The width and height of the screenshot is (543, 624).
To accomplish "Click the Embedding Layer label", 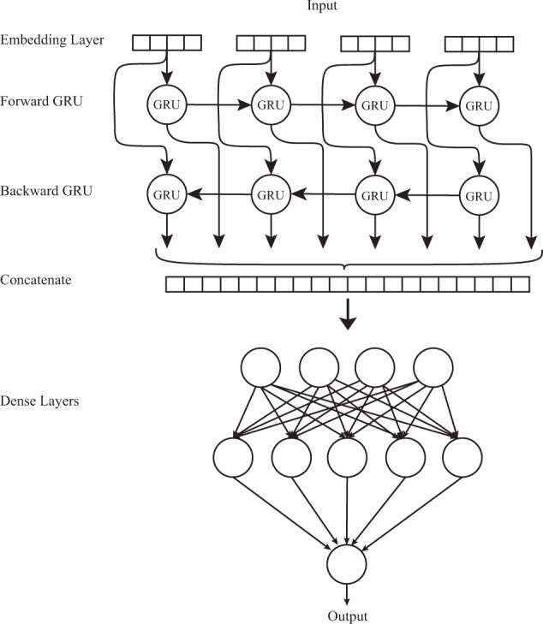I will pos(51,40).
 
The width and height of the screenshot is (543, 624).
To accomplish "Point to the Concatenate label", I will pos(36,281).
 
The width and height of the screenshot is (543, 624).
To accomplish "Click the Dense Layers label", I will pos(39,400).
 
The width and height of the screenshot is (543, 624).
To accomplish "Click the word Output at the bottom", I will pos(347,615).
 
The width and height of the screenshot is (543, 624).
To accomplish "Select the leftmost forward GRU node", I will pos(165,106).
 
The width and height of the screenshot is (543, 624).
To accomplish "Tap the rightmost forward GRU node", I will pos(478,106).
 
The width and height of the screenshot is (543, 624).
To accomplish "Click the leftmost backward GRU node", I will pos(165,194).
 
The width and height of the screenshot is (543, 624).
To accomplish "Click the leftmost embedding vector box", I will pos(166,42).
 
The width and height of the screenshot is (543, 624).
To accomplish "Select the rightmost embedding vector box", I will pos(479,42).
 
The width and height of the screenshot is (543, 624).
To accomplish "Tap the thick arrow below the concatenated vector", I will pos(347,318).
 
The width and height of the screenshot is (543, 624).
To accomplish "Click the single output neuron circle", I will pos(347,564).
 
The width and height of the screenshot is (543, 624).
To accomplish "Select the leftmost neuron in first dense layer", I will pos(262,367).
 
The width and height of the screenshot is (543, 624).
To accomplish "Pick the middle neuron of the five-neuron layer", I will pos(347,457).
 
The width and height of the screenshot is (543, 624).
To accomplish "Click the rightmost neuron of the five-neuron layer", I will pos(462,457).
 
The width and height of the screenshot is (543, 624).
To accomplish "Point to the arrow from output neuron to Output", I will pos(347,594).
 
